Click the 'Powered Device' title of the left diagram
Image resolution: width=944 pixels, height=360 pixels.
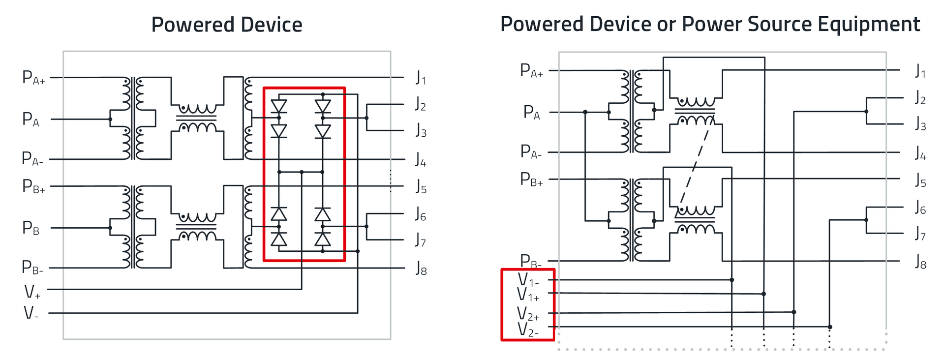pos(226,25)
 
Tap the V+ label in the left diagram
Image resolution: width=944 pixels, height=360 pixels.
pos(32,292)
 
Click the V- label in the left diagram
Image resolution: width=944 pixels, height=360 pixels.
pos(31,313)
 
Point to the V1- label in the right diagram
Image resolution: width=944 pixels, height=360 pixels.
pos(528,280)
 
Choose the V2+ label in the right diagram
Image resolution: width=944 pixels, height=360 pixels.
pos(528,314)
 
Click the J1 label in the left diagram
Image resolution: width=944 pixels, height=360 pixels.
pos(421,78)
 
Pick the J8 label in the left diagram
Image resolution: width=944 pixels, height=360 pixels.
pos(421,269)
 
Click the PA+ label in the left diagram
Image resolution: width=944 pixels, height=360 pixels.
pos(33,78)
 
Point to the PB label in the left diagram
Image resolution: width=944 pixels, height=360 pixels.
pos(30,228)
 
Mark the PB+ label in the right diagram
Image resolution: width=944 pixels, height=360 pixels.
pos(531,180)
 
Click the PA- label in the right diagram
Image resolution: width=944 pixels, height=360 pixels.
pos(531,152)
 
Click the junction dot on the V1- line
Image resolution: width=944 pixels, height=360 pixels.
pos(732,280)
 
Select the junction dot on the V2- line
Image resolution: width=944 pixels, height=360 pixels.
pos(830,327)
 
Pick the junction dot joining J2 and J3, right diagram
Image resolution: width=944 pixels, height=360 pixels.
pos(866,112)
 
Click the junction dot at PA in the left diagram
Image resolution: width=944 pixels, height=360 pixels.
pos(110,119)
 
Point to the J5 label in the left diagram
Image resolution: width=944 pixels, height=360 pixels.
pos(421,187)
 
